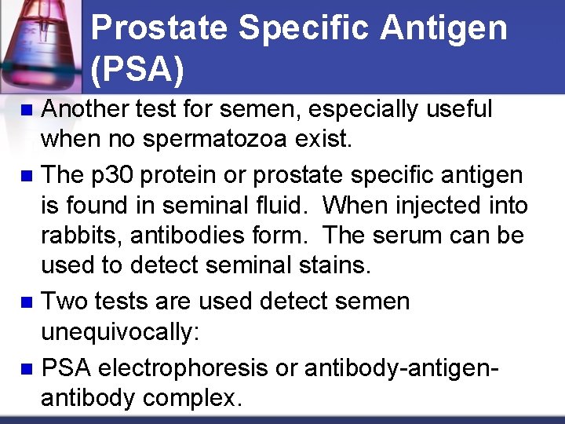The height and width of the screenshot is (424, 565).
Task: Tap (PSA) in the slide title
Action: tap(137, 69)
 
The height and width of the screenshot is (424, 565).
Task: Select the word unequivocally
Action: tap(120, 333)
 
